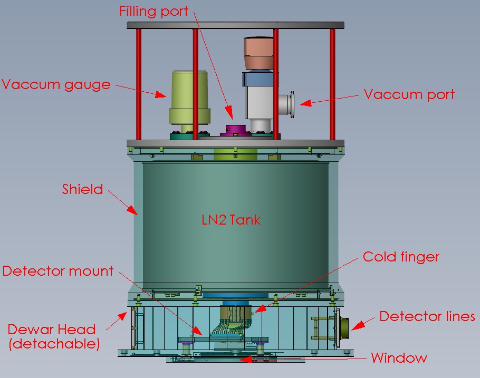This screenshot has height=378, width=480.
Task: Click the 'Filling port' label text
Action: click(153, 11)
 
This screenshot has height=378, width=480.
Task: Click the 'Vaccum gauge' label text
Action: click(56, 84)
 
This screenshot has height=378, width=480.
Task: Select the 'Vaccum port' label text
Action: click(409, 95)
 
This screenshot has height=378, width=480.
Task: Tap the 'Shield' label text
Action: click(82, 189)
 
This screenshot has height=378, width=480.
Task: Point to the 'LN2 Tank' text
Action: click(231, 219)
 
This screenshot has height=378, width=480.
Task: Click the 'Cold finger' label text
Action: click(401, 257)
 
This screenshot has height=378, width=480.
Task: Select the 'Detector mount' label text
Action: click(58, 271)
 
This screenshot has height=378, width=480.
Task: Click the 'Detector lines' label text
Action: click(427, 316)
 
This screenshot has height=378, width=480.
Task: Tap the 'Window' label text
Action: click(399, 358)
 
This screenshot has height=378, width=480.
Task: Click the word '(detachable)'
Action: click(54, 345)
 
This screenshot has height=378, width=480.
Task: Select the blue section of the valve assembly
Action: click(258, 79)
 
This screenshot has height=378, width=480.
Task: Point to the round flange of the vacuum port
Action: click(291, 104)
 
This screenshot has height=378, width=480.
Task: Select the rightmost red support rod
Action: click(332, 84)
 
